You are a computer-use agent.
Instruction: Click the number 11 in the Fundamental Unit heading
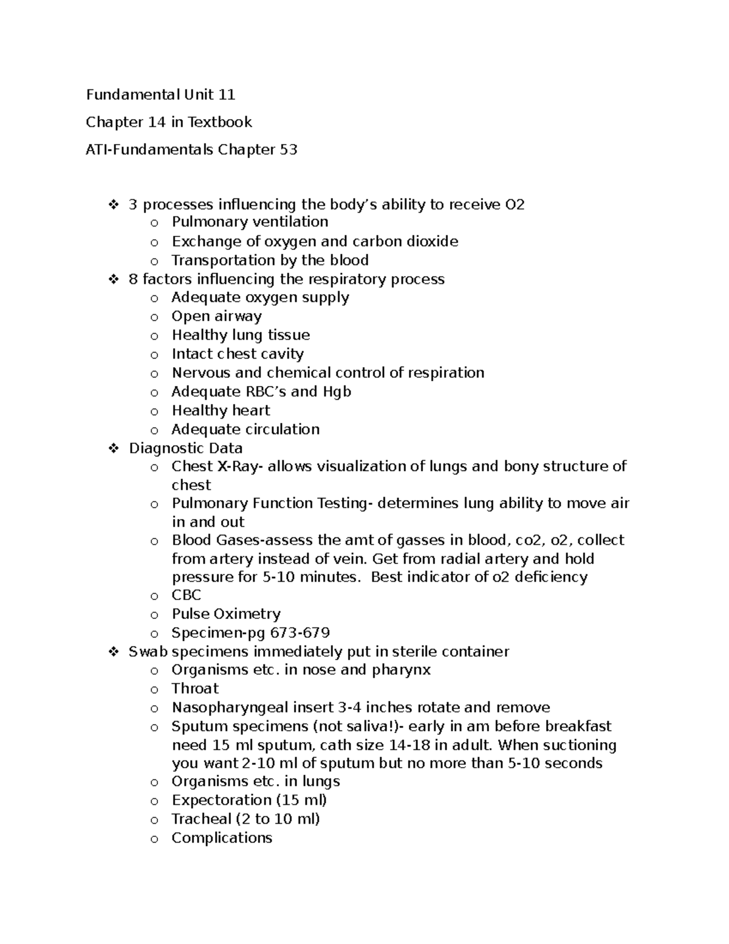pyautogui.click(x=226, y=94)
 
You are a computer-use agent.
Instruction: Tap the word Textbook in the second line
pyautogui.click(x=219, y=122)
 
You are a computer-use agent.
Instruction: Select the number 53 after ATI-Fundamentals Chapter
pyautogui.click(x=288, y=150)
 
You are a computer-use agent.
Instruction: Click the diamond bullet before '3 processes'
pyautogui.click(x=113, y=205)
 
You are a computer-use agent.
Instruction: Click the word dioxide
pyautogui.click(x=432, y=241)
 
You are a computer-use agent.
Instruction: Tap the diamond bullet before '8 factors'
pyautogui.click(x=113, y=280)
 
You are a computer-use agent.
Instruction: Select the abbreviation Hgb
pyautogui.click(x=338, y=391)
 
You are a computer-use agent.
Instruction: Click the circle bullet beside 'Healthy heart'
pyautogui.click(x=154, y=412)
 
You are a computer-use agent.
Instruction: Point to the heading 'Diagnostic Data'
pyautogui.click(x=185, y=448)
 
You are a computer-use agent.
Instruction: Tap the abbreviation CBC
pyautogui.click(x=186, y=595)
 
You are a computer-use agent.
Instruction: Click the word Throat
pyautogui.click(x=195, y=689)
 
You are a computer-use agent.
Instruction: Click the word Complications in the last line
pyautogui.click(x=222, y=838)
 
